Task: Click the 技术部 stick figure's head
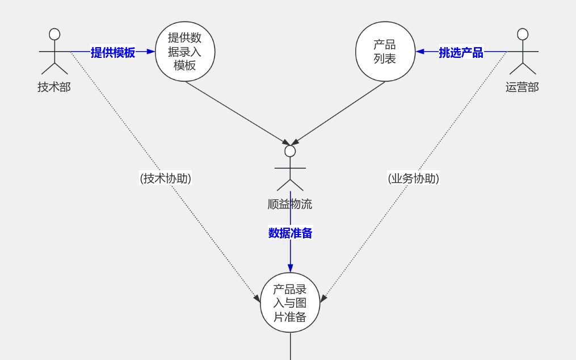coord(54,34)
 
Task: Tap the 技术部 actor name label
coord(54,87)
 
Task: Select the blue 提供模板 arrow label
coord(113,53)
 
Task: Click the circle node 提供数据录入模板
coord(185,52)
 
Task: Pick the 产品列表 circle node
coord(385,52)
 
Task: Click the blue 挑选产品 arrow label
coord(461,53)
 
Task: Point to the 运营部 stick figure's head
coord(523,34)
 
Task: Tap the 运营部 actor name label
coord(522,87)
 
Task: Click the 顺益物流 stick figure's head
coord(290,151)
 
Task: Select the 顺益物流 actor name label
coord(290,204)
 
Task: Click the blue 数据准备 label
coord(290,233)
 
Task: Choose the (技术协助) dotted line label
coord(166,178)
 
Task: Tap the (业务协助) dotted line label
coord(413,178)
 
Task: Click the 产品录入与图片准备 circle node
coord(290,303)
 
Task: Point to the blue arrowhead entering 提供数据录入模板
coord(151,52)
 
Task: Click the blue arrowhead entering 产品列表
coord(420,52)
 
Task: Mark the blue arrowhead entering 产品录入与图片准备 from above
coord(290,268)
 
